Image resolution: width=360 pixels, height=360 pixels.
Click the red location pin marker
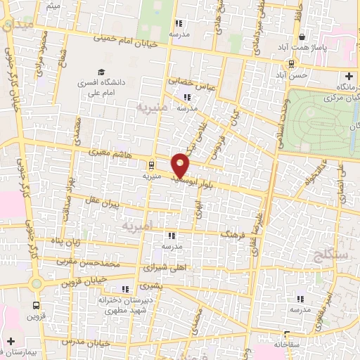click(181, 165)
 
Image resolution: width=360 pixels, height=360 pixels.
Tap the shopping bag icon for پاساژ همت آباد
click(302, 37)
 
